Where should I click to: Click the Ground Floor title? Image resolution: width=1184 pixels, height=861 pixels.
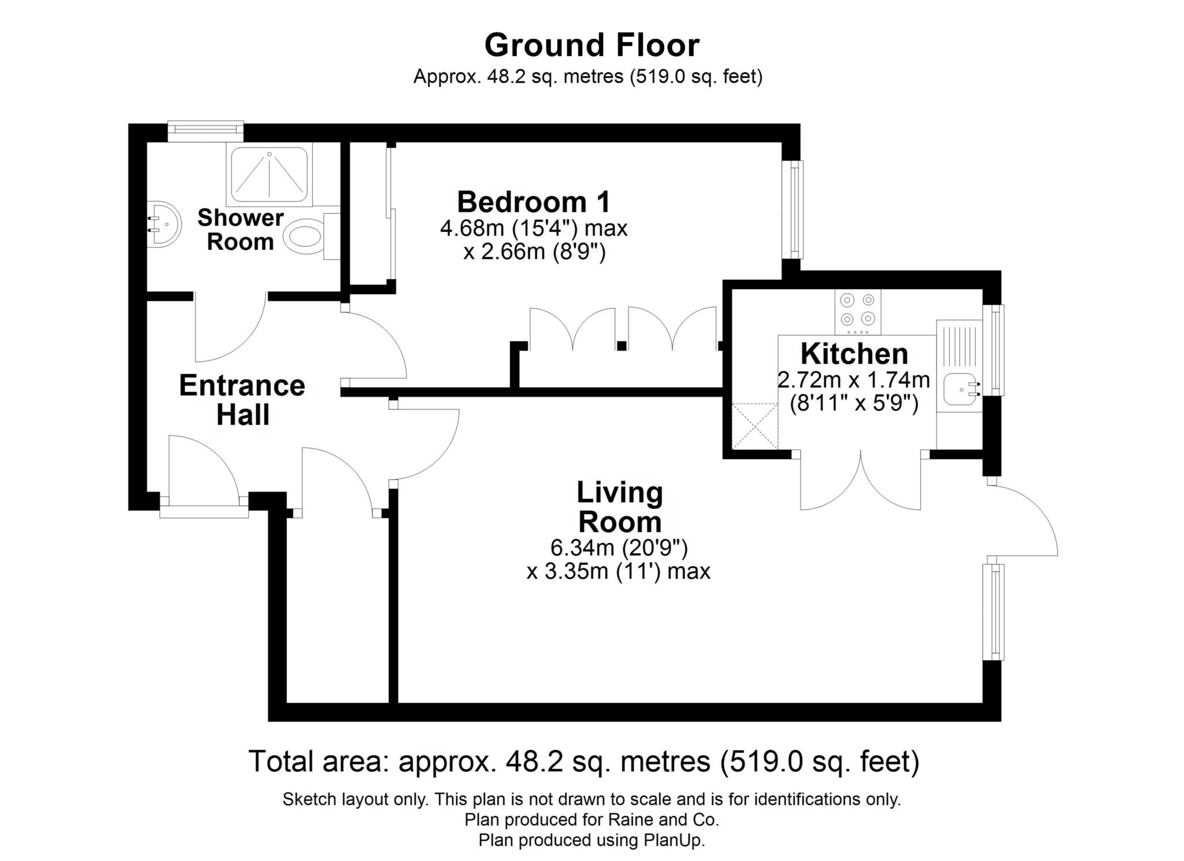592,45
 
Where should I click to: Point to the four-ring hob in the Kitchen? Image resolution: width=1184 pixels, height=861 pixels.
858,312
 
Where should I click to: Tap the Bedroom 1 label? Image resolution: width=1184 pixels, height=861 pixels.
534,202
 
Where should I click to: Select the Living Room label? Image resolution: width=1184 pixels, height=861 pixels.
620,507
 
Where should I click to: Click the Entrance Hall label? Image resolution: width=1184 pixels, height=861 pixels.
242,400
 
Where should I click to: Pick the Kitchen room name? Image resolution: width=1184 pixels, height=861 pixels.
854,353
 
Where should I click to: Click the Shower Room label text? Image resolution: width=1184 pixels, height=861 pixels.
240,230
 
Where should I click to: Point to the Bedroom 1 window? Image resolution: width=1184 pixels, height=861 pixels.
793,209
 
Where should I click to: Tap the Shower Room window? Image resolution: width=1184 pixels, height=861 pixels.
206,131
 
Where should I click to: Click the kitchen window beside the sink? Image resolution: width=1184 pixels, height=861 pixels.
994,350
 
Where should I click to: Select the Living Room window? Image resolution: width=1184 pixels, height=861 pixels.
994,612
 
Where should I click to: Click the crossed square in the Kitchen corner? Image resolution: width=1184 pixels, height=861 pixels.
755,426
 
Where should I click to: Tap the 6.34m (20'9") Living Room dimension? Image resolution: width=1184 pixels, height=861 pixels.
619,546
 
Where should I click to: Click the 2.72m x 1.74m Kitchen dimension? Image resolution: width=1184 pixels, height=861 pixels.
854,380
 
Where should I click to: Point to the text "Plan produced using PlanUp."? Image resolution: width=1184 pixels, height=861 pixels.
592,840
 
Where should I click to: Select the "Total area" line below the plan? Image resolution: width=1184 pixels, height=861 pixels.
584,762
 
